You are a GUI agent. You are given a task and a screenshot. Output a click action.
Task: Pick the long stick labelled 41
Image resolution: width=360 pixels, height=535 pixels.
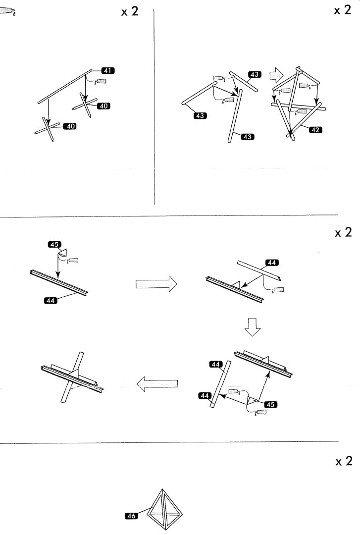pos(65,87)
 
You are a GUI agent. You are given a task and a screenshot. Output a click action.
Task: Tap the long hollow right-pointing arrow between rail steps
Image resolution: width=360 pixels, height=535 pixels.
pos(155,284)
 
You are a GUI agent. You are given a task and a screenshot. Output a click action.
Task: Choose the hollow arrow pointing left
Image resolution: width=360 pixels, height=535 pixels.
pos(157,383)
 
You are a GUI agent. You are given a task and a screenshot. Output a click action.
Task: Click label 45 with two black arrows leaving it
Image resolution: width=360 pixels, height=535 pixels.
pos(270,404)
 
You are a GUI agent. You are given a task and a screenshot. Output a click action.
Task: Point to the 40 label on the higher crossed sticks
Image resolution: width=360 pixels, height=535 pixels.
pos(104,106)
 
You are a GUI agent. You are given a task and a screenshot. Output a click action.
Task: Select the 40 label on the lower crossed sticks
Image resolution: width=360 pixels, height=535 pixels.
pos(71,126)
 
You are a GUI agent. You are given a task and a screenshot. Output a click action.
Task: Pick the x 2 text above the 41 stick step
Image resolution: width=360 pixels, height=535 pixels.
pos(130,12)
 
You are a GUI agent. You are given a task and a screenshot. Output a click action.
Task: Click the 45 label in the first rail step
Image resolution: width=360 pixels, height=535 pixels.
pos(54,244)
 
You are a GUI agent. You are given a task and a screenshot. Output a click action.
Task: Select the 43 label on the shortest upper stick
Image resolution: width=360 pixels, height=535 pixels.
pos(255,74)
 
